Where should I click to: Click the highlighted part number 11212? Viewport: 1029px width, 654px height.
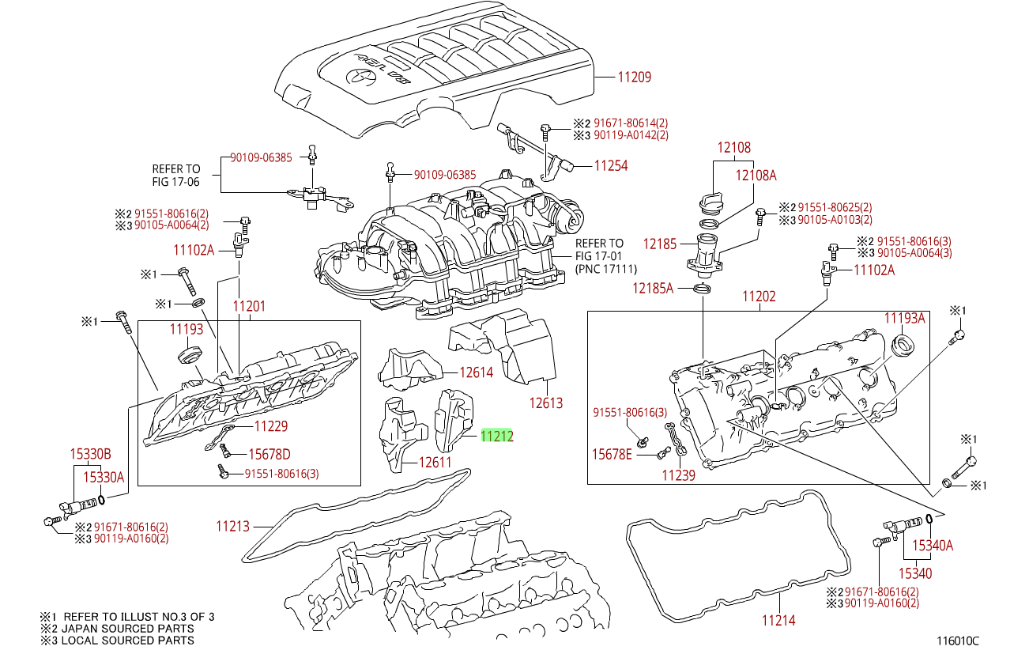pyautogui.click(x=497, y=435)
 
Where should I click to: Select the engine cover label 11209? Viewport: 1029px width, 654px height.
pyautogui.click(x=634, y=77)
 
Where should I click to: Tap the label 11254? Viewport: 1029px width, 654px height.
pyautogui.click(x=611, y=166)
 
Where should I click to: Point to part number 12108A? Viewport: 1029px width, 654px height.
pyautogui.click(x=756, y=176)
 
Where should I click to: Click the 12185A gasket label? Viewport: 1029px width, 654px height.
pyautogui.click(x=652, y=289)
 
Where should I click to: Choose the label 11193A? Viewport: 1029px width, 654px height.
pyautogui.click(x=904, y=318)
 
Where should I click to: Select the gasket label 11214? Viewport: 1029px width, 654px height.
pyautogui.click(x=778, y=621)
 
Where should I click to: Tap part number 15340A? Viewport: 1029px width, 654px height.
pyautogui.click(x=933, y=545)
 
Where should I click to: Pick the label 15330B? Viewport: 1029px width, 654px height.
pyautogui.click(x=90, y=454)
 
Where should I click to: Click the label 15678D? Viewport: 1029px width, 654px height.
pyautogui.click(x=269, y=454)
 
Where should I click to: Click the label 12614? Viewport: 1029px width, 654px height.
pyautogui.click(x=477, y=372)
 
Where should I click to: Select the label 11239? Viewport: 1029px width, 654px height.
pyautogui.click(x=678, y=475)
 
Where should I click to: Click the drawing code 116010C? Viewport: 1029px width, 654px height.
pyautogui.click(x=957, y=641)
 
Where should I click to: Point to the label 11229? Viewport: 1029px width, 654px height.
pyautogui.click(x=270, y=426)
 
